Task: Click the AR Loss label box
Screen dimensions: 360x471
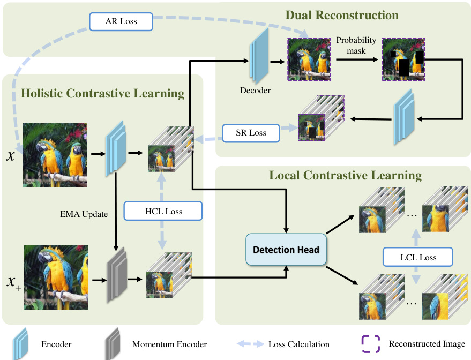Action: click(x=122, y=22)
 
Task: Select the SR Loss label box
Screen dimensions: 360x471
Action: click(x=251, y=132)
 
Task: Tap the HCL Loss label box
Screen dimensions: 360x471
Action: click(x=163, y=211)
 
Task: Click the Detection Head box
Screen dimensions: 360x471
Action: click(x=286, y=250)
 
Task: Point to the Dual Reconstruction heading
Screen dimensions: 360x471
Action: click(x=342, y=14)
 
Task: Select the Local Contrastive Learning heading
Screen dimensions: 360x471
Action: click(x=345, y=175)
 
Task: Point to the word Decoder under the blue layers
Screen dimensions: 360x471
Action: click(x=255, y=90)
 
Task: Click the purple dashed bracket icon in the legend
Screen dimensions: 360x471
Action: click(x=370, y=344)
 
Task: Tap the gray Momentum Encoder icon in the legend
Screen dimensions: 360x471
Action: click(x=113, y=344)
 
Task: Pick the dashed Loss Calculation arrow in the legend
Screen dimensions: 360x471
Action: click(x=250, y=344)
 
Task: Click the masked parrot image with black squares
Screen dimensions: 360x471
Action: click(x=402, y=59)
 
